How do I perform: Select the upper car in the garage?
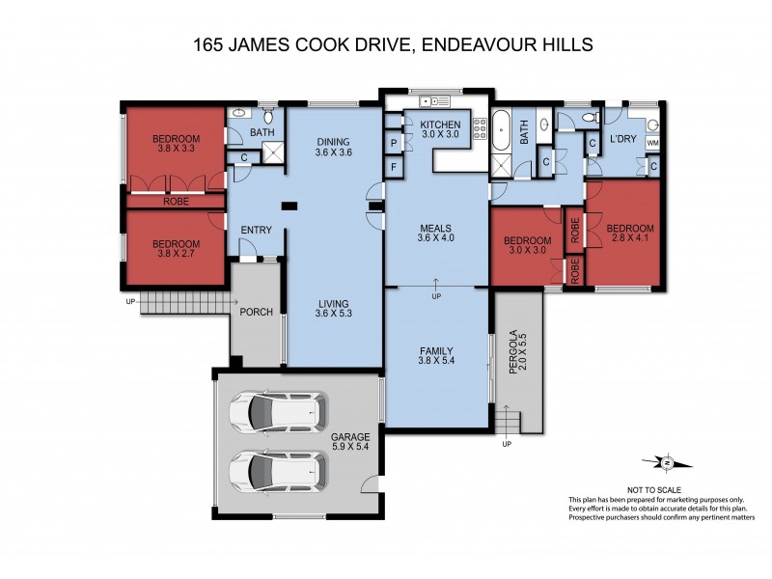click(276, 414)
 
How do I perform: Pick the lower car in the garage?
click(276, 474)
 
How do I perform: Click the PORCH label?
click(256, 312)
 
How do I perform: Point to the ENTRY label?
click(257, 230)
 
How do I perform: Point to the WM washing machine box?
click(652, 143)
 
